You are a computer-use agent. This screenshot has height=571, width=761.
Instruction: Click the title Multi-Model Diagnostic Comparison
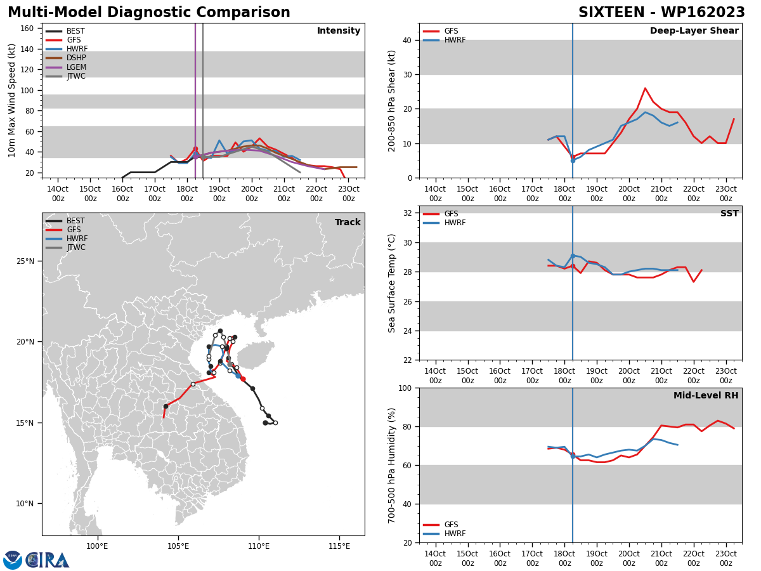click(149, 13)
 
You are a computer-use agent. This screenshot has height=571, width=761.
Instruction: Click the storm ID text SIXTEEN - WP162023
click(661, 13)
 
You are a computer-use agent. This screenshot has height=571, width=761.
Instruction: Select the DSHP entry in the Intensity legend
click(66, 58)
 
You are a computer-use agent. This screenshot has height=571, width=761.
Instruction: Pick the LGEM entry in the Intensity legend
click(66, 67)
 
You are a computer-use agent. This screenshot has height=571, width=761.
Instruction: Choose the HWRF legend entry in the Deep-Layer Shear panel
click(444, 40)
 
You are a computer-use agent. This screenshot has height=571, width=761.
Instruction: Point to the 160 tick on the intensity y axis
click(27, 29)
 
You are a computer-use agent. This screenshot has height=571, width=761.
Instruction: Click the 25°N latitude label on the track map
click(25, 261)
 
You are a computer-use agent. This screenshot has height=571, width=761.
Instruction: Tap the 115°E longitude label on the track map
click(339, 546)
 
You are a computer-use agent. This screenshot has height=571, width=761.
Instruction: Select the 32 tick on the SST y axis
click(408, 213)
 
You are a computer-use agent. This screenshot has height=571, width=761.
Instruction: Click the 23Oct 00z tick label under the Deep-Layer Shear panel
click(726, 194)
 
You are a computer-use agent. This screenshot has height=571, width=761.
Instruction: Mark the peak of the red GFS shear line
click(645, 88)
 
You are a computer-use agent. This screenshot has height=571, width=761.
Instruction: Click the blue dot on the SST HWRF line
click(573, 256)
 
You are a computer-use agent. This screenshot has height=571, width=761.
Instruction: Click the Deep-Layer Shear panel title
click(694, 30)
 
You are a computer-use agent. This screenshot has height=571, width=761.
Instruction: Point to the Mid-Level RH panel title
click(706, 395)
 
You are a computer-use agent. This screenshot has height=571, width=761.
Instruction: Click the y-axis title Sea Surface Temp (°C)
click(391, 283)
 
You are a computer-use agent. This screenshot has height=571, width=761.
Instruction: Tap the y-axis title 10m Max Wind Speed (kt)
click(11, 100)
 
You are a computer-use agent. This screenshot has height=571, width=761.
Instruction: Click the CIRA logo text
click(48, 560)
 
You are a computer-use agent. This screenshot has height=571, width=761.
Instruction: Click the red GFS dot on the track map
click(243, 379)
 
